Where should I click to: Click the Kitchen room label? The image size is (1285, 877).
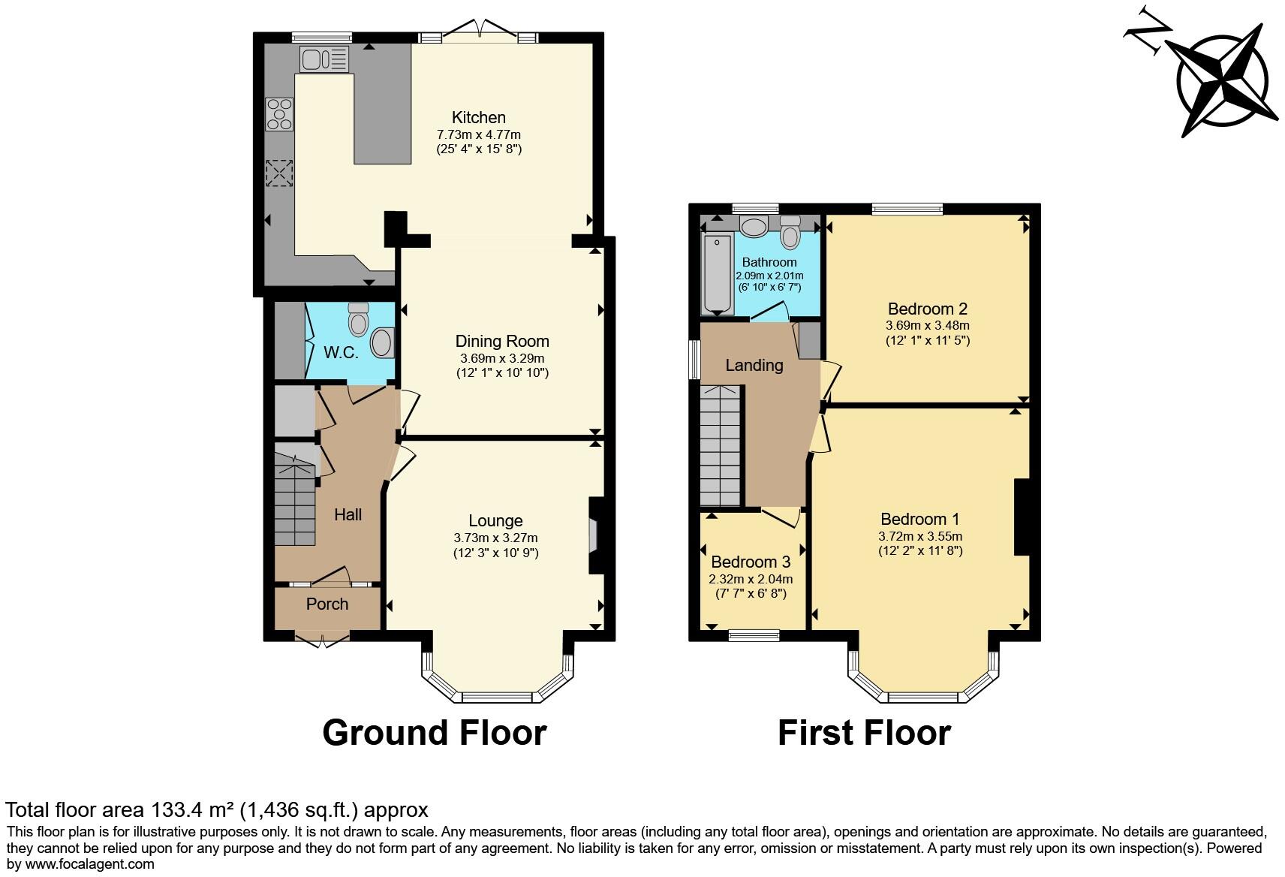(478, 117)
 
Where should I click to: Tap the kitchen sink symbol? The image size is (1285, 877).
(324, 59)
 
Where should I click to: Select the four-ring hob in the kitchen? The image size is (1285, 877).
(279, 115)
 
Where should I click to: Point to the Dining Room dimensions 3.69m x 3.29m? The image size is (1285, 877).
(502, 358)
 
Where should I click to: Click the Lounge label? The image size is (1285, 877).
(495, 520)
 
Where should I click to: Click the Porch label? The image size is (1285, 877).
(327, 604)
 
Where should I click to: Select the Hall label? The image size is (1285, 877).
(348, 514)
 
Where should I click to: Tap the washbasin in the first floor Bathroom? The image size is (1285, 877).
(753, 226)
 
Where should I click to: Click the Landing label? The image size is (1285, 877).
(754, 365)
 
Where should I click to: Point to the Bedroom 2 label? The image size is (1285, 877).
(927, 309)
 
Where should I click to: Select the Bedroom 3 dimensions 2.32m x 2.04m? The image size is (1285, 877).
(751, 579)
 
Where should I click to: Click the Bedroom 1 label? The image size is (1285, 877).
(919, 519)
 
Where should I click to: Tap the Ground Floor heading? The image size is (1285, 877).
(434, 732)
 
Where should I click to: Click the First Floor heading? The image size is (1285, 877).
(864, 732)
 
